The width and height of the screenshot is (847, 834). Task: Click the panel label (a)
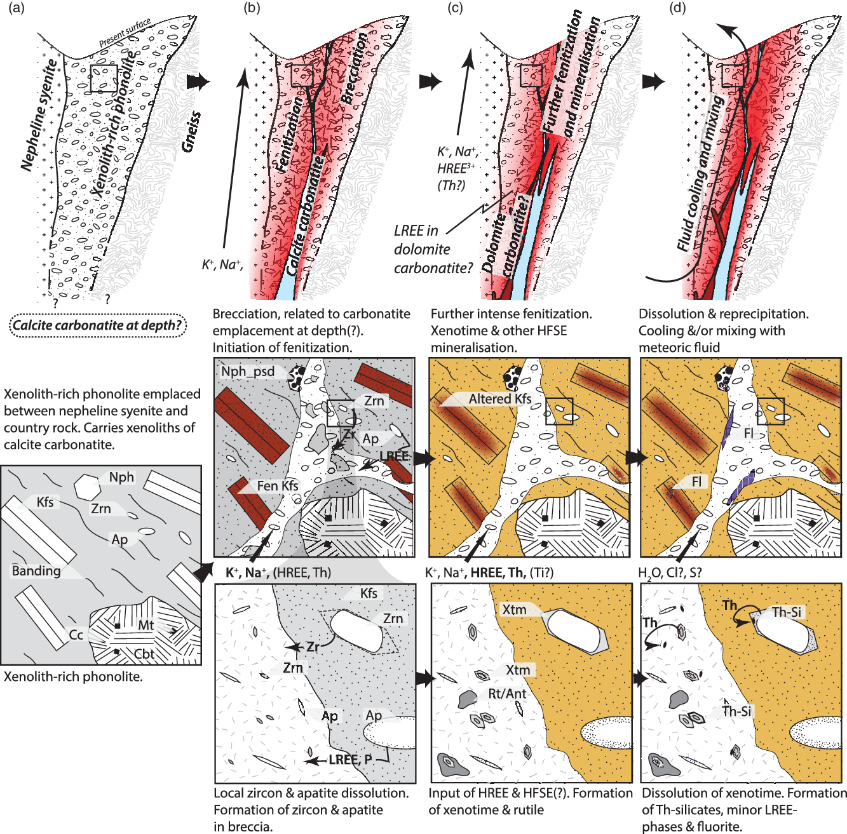coord(16,9)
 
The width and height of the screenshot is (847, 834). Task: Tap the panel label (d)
coord(678,9)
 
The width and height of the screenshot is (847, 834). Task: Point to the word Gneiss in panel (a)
coord(191,131)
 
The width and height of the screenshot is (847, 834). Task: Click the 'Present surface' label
coord(125,34)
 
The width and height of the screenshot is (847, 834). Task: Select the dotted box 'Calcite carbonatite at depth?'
coord(97,326)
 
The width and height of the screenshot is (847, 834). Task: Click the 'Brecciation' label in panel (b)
coord(355,69)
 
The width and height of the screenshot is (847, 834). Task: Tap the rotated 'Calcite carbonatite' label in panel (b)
coord(304,216)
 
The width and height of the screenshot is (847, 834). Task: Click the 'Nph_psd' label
coord(247,372)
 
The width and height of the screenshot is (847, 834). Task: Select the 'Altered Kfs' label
coord(499,399)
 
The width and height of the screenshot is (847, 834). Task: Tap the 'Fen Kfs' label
coord(278,486)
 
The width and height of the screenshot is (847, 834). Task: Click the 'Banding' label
coord(36,570)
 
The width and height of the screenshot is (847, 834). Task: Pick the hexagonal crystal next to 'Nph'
coord(85,487)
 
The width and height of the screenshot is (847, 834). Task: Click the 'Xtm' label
coord(514,610)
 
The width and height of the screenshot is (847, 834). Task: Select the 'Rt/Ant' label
coord(507,694)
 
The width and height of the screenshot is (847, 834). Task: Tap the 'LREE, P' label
coord(350,760)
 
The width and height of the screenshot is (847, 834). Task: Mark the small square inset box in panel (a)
coord(104,78)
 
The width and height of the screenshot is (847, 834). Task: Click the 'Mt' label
coord(146,625)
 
